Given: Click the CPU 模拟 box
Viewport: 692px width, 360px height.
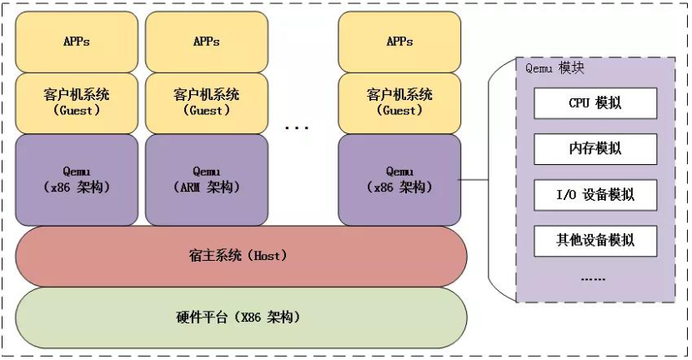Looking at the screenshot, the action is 595,103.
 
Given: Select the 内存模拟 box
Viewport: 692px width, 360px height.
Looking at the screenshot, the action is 595,149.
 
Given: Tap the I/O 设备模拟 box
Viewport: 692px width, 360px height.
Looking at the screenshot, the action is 595,195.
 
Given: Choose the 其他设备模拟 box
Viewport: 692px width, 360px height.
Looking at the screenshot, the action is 595,241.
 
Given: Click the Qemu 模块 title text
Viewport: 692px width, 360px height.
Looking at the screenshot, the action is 554,68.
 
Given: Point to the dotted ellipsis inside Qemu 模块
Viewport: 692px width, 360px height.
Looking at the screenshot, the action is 593,280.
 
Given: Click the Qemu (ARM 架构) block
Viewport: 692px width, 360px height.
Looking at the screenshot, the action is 207,180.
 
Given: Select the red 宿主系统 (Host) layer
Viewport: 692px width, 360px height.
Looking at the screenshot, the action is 241,257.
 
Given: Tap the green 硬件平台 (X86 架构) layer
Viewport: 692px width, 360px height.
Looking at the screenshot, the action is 241,317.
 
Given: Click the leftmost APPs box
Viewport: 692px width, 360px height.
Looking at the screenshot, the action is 77,42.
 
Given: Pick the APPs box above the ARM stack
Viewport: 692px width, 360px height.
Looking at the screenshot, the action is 207,42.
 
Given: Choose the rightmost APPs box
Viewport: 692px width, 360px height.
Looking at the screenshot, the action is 399,42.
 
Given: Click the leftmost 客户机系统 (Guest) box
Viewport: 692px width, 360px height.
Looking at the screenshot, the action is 77,103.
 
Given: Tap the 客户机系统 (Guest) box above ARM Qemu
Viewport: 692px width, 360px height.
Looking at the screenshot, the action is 207,103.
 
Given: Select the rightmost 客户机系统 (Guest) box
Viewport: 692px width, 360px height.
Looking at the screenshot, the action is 399,103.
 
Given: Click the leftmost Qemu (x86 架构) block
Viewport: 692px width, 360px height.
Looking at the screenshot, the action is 77,180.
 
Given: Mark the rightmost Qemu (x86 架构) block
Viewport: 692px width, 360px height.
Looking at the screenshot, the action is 399,180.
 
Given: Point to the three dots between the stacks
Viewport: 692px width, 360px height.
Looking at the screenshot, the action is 297,128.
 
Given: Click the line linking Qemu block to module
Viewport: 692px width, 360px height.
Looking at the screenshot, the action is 473,179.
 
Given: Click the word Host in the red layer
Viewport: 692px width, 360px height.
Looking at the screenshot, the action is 267,256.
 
